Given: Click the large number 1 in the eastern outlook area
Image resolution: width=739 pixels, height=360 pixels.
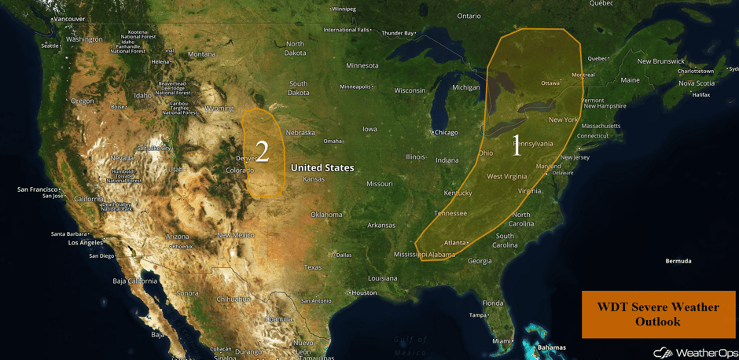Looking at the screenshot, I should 517,145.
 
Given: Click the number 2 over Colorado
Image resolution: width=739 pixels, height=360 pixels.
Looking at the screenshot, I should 263,152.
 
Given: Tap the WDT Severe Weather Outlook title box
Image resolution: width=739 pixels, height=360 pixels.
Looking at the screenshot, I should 658,314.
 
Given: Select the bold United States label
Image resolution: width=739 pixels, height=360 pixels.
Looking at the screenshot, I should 322,167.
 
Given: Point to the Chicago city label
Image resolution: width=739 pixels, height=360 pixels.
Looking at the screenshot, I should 445,132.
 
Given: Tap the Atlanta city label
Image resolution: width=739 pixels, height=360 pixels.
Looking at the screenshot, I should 454,242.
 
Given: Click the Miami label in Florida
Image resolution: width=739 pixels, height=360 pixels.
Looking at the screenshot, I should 501,341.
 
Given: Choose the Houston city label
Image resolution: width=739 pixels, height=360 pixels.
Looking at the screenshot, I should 364,292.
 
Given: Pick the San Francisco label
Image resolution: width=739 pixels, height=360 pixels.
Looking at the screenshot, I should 39,189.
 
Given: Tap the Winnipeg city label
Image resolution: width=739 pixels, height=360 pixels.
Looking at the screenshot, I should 344,9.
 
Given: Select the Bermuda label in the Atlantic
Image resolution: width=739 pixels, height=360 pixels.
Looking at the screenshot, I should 678,261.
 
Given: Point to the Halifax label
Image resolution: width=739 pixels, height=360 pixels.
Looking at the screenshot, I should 700,95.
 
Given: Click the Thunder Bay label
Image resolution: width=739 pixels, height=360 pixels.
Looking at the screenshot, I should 397,33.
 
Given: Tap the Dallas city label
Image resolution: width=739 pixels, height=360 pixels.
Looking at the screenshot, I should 343,255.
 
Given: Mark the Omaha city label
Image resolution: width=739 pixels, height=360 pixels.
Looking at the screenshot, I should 333,141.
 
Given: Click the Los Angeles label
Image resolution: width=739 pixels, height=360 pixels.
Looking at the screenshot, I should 86,243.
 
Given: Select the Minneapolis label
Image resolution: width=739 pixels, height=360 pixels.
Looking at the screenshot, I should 355,86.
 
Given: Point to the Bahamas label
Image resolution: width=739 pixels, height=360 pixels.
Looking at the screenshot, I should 551,347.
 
